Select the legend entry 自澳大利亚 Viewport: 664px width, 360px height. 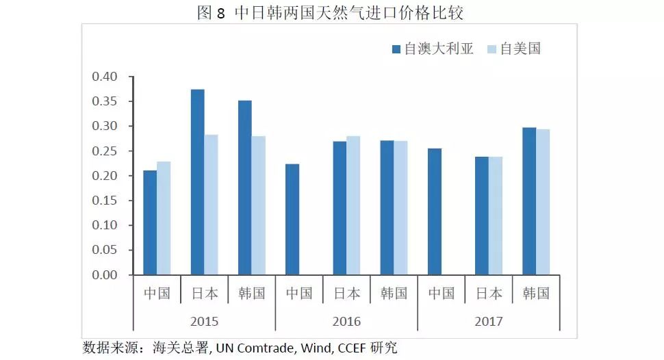(x=433, y=49)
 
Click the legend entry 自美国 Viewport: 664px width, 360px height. (x=513, y=49)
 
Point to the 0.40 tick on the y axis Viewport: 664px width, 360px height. (x=105, y=76)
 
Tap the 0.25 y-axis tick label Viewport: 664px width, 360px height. (x=105, y=151)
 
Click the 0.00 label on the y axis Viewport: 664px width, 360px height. (x=105, y=275)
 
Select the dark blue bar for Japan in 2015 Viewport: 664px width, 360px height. (x=197, y=182)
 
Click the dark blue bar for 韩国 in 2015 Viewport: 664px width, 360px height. (x=245, y=188)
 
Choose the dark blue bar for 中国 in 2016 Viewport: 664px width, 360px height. (x=292, y=219)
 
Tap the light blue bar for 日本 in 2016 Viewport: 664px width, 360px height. (x=353, y=205)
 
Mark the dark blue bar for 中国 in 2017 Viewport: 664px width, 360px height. (x=434, y=211)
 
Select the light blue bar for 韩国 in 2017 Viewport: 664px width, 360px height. (x=543, y=202)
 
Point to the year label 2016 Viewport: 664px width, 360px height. (x=346, y=321)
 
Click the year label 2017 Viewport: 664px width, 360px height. (x=489, y=321)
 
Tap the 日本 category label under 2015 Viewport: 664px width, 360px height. (x=204, y=294)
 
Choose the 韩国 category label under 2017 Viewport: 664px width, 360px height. (x=536, y=294)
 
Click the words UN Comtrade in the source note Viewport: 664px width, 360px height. (x=256, y=348)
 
